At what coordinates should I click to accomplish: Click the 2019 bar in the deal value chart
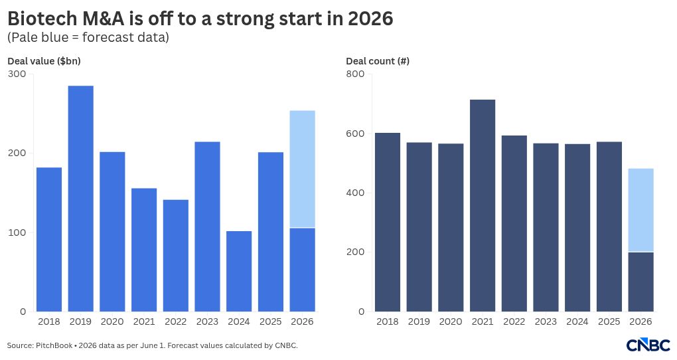(x=81, y=199)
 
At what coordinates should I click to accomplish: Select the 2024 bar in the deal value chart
(x=239, y=272)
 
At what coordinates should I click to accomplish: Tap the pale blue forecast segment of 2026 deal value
(x=302, y=169)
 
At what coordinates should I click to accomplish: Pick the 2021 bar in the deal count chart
(x=483, y=206)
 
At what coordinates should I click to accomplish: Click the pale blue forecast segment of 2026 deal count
(x=640, y=210)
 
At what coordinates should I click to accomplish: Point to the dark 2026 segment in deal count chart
(x=640, y=282)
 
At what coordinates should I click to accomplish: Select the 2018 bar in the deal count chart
(x=388, y=222)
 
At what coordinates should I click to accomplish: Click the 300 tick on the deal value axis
(x=17, y=74)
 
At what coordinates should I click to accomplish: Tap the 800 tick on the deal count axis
(x=355, y=74)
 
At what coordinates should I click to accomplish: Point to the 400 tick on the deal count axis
(x=355, y=193)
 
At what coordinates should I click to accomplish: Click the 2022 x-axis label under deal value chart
(x=176, y=321)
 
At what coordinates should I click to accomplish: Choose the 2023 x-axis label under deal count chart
(x=546, y=321)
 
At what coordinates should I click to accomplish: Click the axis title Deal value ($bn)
(x=44, y=61)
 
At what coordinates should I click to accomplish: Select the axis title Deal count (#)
(x=378, y=61)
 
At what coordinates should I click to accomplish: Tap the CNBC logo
(x=648, y=344)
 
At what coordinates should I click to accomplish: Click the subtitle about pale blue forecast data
(x=88, y=38)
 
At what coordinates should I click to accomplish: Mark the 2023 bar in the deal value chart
(x=207, y=226)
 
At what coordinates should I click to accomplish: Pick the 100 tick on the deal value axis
(x=17, y=232)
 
